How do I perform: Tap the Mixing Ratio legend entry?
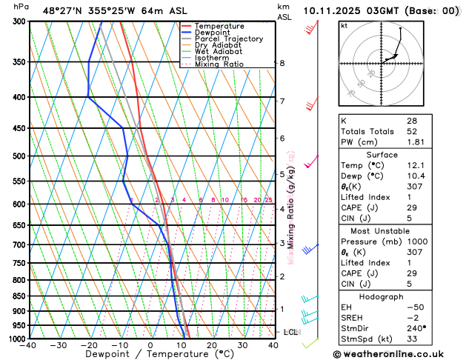point(218,64)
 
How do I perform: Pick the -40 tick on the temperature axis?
point(29,345)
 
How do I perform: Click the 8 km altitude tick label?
point(282,63)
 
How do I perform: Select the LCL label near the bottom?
point(290,332)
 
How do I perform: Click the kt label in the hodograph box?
point(344,26)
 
